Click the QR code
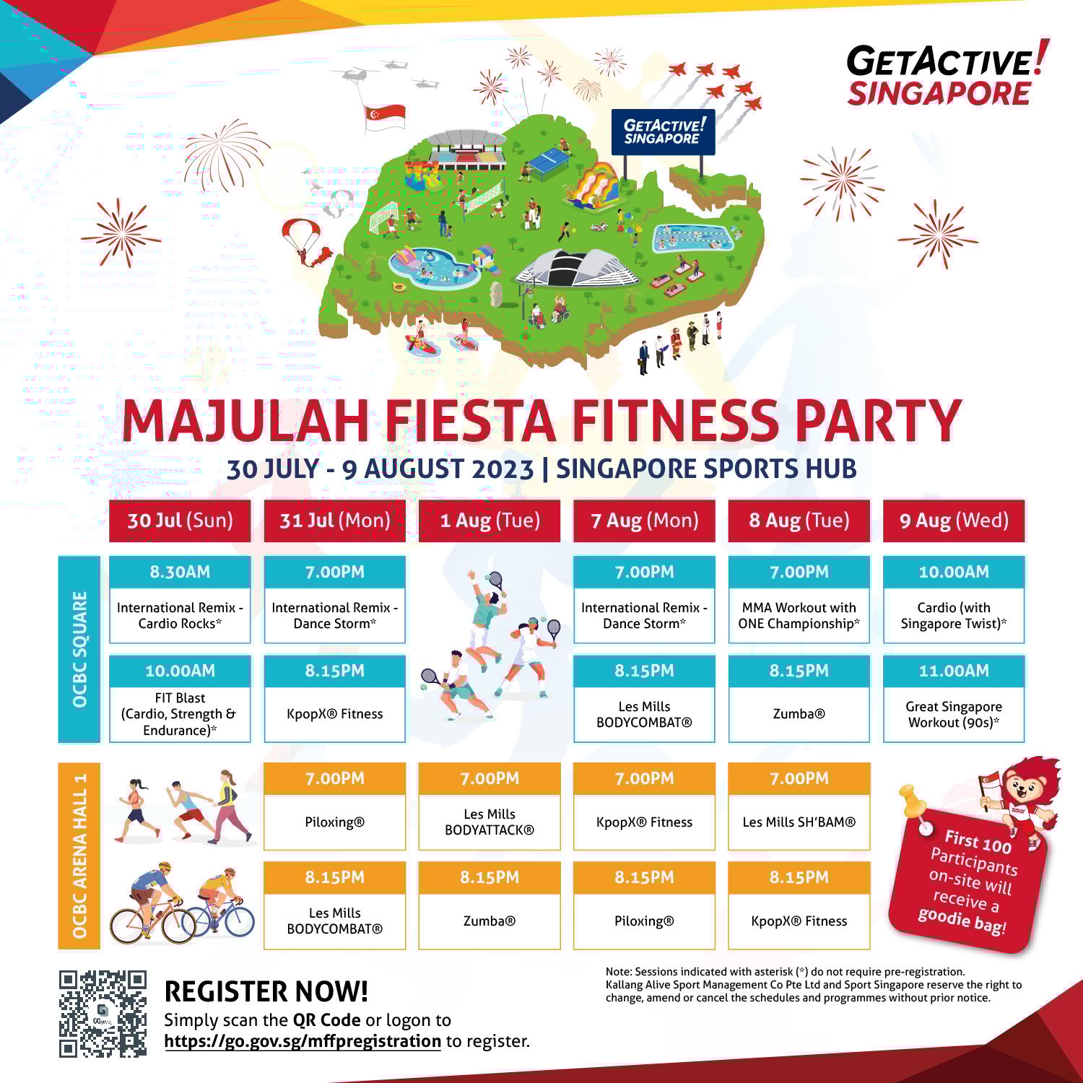click(103, 1014)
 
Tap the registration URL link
click(303, 1041)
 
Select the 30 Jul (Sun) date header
click(180, 521)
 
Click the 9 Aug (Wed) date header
click(954, 521)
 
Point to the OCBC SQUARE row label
click(79, 649)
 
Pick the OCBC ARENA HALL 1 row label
click(79, 856)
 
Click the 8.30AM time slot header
click(180, 572)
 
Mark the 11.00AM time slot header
click(954, 671)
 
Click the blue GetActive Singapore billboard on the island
click(663, 132)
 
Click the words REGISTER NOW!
click(266, 992)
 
